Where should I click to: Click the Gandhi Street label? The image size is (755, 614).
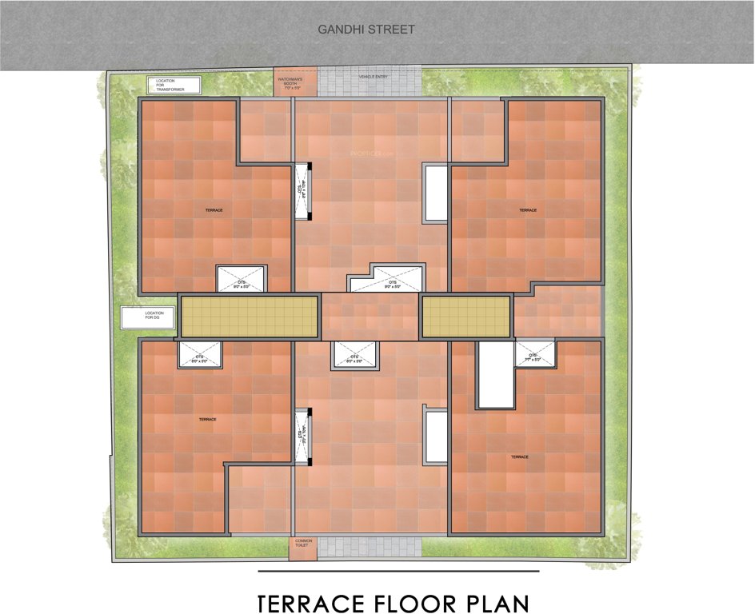pos(366,30)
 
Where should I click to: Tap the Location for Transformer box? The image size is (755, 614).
pos(171,85)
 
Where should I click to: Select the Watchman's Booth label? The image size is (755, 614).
pos(288,83)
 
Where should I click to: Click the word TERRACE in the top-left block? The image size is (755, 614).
pos(213,210)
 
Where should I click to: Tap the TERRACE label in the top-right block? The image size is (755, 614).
pos(527,210)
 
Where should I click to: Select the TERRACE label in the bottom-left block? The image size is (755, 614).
pos(206,419)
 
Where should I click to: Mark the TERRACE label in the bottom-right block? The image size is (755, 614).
pos(520,457)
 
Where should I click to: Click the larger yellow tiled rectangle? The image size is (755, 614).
pos(248,316)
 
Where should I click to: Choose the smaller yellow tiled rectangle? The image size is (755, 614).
pos(465,316)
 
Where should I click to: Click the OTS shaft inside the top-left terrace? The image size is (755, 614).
pos(242,279)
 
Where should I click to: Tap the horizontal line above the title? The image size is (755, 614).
pos(398,572)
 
